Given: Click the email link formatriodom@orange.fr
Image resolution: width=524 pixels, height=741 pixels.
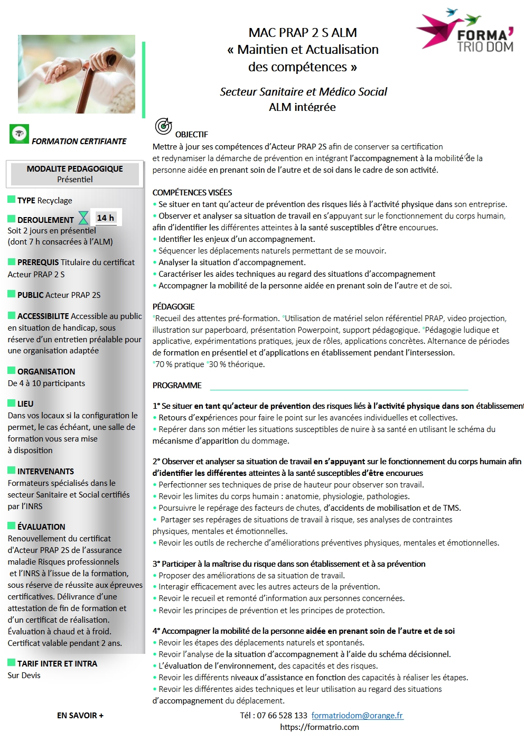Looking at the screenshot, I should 357,715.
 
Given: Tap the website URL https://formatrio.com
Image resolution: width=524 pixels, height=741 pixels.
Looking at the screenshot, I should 320,727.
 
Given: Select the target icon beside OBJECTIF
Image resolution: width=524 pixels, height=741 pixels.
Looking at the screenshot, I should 163,126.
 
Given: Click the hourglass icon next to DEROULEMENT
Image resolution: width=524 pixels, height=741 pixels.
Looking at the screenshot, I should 83,218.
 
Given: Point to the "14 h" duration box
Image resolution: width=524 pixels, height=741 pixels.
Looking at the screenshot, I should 106,218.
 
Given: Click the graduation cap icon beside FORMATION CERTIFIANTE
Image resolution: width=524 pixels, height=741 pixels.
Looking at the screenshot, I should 20,134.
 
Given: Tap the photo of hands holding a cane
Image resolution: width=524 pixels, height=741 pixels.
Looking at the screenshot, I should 77,74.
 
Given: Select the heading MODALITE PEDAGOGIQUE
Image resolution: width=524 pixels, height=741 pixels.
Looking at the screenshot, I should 74,168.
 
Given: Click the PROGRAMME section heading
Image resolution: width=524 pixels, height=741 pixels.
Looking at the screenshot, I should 177,386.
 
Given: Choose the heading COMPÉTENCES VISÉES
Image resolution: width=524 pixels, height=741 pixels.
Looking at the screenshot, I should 192,192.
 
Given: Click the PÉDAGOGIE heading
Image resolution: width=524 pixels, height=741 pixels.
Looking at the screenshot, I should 174,306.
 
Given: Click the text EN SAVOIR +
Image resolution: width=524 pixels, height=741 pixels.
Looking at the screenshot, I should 80,715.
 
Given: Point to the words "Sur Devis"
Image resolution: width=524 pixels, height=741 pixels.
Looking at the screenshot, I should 24,675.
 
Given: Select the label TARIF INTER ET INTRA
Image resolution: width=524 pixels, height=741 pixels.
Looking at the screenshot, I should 57,663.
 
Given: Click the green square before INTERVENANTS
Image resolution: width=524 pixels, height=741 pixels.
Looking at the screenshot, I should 12,470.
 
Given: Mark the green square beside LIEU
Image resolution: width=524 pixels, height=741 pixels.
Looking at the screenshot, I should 12,402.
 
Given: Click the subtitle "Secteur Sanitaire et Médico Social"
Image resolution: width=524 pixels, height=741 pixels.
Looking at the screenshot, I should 303,92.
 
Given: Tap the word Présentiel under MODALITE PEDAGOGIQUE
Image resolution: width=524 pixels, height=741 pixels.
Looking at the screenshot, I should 75,180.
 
